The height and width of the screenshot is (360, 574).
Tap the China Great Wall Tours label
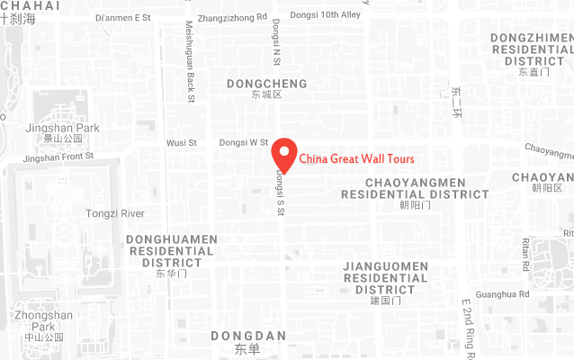(x=357, y=159)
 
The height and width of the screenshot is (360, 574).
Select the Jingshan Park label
(x=63, y=128)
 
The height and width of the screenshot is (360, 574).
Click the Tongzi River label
(x=114, y=213)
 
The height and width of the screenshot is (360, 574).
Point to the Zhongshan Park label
(x=43, y=320)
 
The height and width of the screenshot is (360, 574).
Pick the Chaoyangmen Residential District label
(x=415, y=188)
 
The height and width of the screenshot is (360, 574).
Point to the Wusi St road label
(x=181, y=142)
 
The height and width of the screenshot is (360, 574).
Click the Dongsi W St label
(x=244, y=142)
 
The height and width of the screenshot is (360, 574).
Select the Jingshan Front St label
(x=58, y=157)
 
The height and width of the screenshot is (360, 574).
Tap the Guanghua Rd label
(x=503, y=294)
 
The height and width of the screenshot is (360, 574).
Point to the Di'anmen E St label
(x=123, y=16)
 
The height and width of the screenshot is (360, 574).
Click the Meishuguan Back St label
(x=190, y=60)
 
